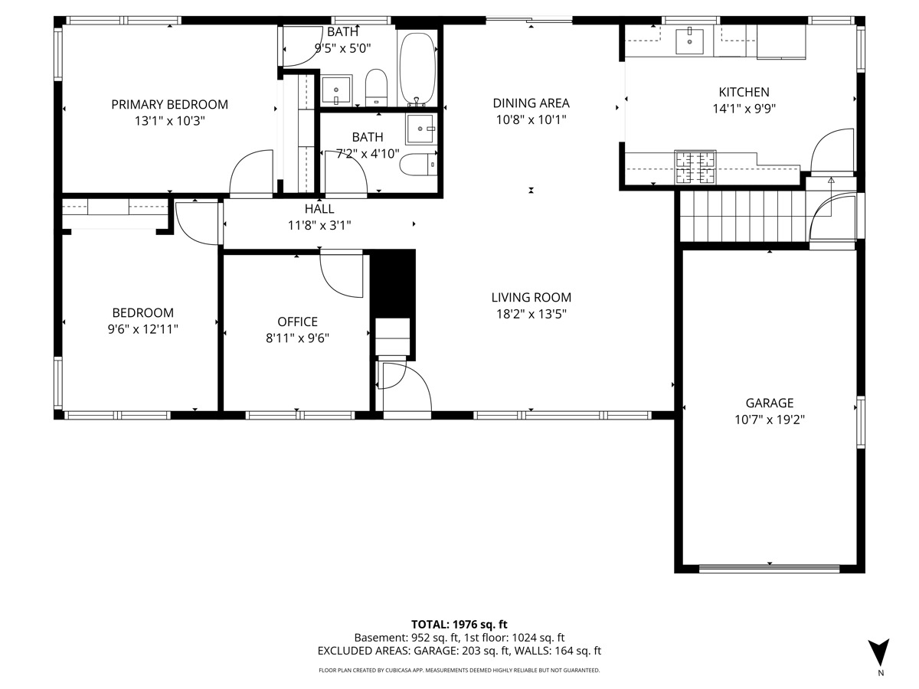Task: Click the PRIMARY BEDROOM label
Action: (x=169, y=104)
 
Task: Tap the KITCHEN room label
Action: (x=740, y=92)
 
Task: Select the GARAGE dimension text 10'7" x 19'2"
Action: (x=770, y=420)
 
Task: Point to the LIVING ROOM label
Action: (x=531, y=298)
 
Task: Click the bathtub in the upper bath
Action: (x=417, y=69)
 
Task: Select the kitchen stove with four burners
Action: (x=694, y=167)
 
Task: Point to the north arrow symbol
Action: (x=880, y=653)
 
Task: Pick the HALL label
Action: (x=319, y=208)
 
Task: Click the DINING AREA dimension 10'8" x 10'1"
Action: (x=531, y=119)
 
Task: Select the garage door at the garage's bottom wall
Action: (x=769, y=568)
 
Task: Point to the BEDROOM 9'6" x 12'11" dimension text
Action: (x=142, y=329)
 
